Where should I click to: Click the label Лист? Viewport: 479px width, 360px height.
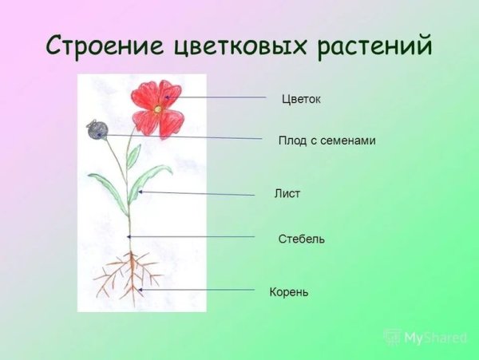coord(287,194)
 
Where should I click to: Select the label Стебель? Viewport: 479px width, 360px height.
coord(301,239)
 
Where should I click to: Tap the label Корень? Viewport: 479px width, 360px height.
coord(289,293)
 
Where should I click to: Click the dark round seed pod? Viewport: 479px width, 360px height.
coord(96,129)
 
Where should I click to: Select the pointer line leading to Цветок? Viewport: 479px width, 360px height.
coord(216,97)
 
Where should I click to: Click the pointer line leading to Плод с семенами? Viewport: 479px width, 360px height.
coord(184,136)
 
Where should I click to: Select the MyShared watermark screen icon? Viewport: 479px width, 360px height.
coord(392,336)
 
